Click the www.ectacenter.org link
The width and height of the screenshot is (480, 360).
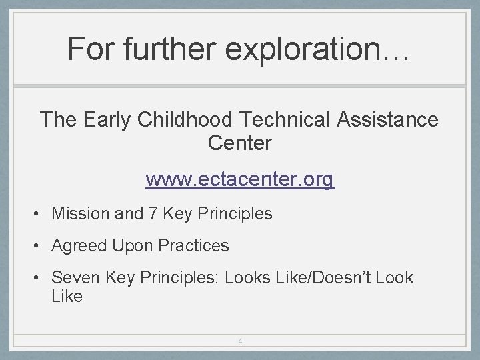point(240,179)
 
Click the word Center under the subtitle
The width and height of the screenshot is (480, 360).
point(240,143)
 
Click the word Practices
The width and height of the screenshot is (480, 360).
point(193,246)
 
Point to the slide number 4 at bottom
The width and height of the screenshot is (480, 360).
point(240,341)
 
